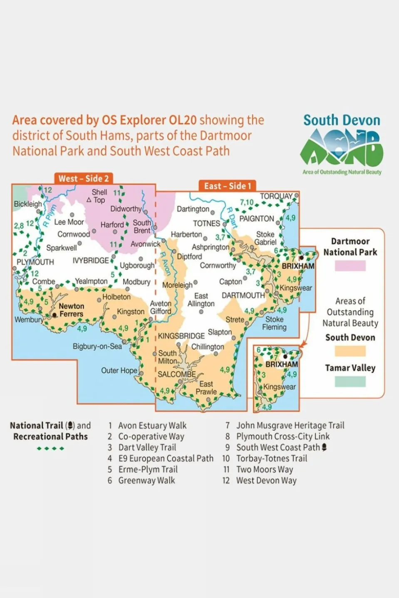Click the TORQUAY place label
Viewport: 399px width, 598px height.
click(x=276, y=196)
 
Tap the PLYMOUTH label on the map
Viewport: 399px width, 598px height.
click(x=35, y=262)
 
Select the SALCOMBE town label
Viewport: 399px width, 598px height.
click(x=176, y=374)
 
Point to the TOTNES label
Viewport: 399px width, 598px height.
click(x=206, y=223)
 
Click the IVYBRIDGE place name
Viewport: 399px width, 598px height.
click(x=91, y=261)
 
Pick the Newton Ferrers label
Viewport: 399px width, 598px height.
click(x=71, y=310)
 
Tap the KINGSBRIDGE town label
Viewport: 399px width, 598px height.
click(x=181, y=336)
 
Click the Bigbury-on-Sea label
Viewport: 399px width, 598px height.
click(x=97, y=346)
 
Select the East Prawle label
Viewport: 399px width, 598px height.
click(x=206, y=388)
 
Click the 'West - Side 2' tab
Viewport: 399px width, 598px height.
click(x=84, y=179)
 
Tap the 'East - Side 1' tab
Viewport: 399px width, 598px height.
click(x=227, y=186)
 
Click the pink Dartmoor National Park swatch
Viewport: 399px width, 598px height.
click(x=350, y=266)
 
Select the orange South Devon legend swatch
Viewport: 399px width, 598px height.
click(x=350, y=351)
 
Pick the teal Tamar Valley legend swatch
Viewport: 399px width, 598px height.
click(x=350, y=381)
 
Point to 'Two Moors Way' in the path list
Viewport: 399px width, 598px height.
click(x=265, y=470)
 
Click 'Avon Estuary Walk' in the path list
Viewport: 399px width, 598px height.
click(x=152, y=426)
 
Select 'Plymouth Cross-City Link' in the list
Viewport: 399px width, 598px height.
click(x=283, y=436)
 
